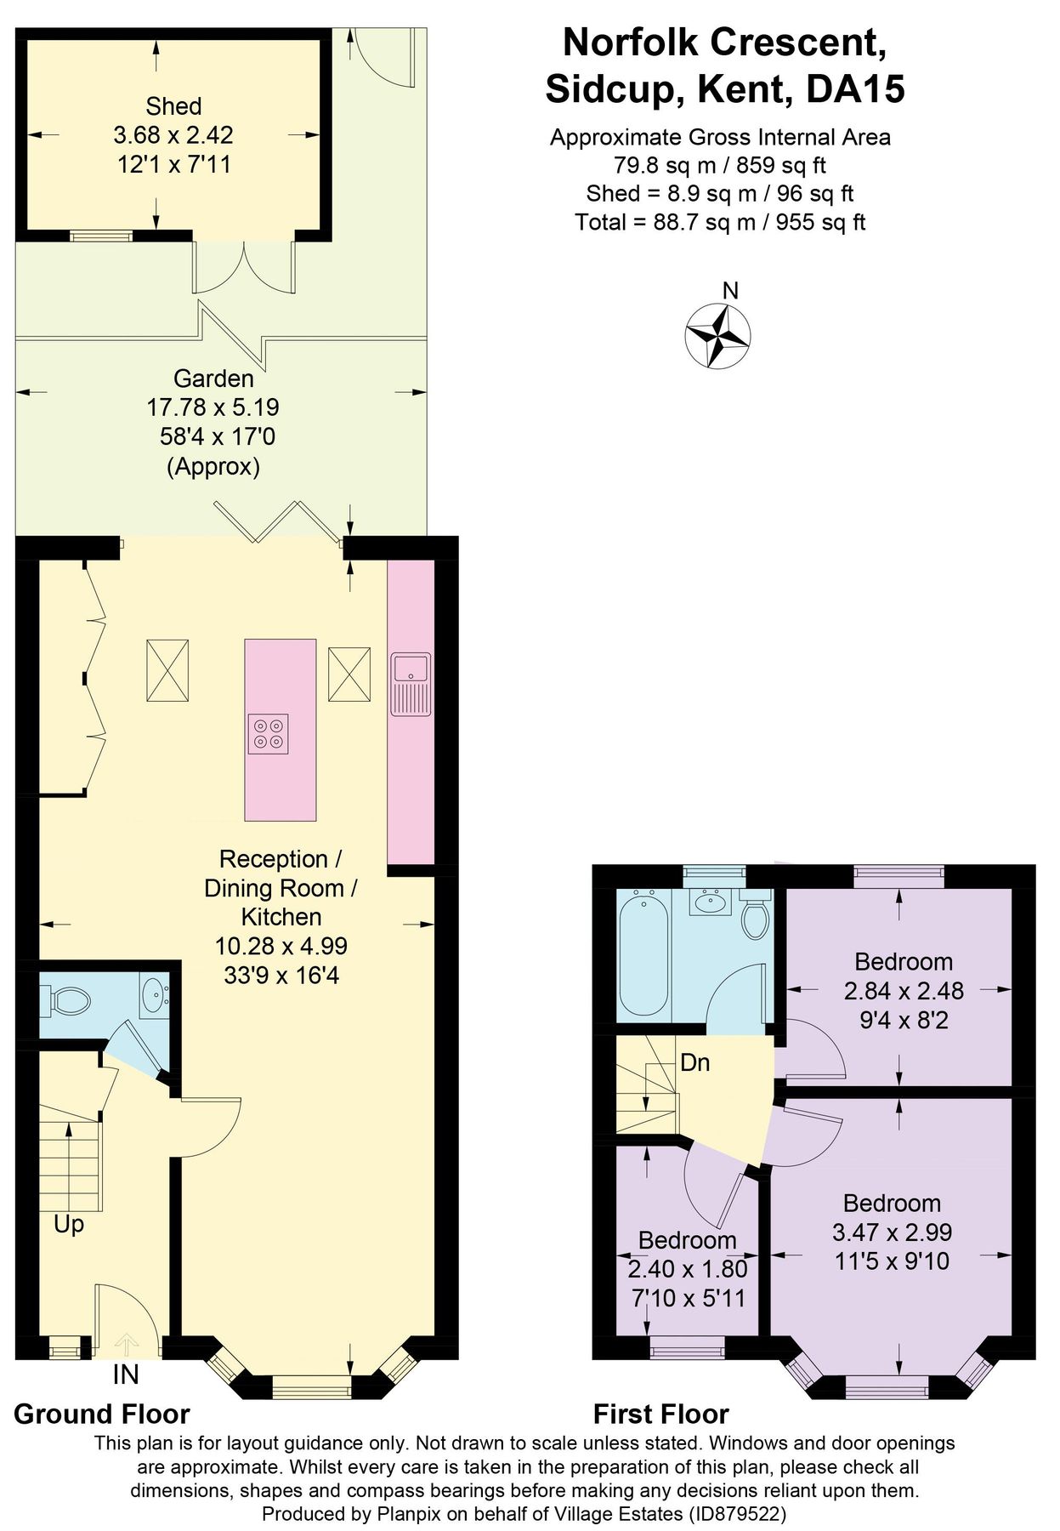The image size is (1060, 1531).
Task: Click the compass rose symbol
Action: [x=717, y=336]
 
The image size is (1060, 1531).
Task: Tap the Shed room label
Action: [x=173, y=106]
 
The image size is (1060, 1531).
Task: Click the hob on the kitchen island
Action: [x=268, y=734]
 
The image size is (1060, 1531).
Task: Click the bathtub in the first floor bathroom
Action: [x=643, y=956]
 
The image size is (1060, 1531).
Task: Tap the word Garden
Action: [x=213, y=378]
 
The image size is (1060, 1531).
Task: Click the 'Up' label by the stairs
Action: [x=69, y=1225]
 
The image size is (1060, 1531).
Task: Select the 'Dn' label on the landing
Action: [x=694, y=1062]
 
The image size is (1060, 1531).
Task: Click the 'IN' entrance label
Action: [x=125, y=1374]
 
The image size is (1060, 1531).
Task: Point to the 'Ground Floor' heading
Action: [x=102, y=1414]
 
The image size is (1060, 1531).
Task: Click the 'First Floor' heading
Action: [x=660, y=1414]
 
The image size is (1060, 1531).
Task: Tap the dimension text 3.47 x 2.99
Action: [x=892, y=1232]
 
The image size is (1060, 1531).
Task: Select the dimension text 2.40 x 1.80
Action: [x=688, y=1269]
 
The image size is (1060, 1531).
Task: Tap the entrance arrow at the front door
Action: [x=127, y=1344]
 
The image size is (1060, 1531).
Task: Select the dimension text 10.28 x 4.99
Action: [x=281, y=946]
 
